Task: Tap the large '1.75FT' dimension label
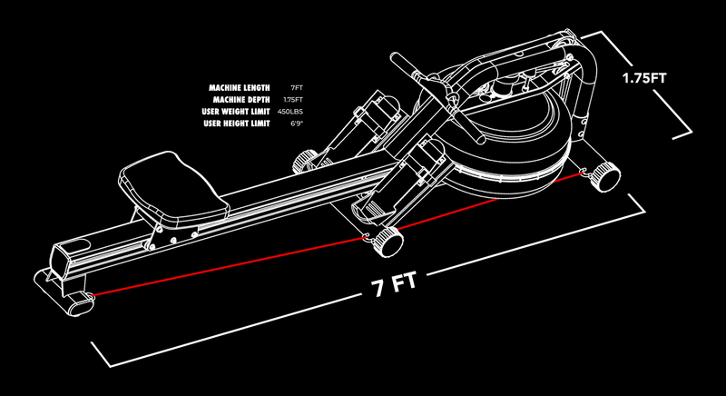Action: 644,78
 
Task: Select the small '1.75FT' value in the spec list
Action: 292,99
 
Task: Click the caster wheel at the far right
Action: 603,174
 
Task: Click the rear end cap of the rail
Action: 68,258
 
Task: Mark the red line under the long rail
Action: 227,268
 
